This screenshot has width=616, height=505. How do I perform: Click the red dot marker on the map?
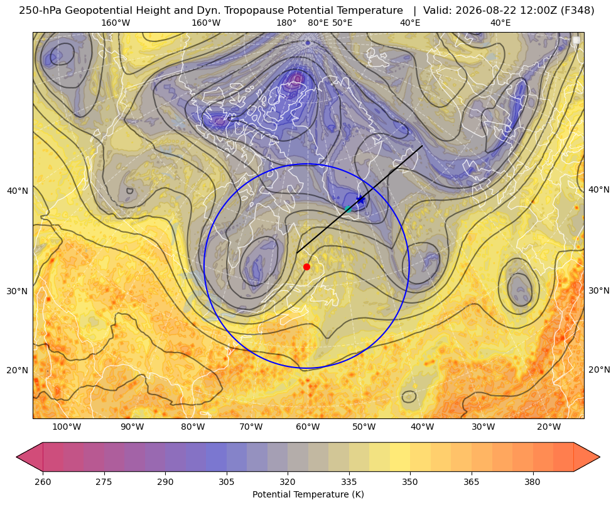307,267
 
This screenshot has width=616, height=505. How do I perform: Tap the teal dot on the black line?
348,209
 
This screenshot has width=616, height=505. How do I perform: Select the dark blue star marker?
360,199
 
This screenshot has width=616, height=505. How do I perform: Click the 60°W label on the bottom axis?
308,427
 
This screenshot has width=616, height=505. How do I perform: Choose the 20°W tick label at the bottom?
549,427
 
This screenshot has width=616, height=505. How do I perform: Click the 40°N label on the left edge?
18,191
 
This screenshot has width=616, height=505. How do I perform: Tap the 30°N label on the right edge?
599,290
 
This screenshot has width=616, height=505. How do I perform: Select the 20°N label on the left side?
18,370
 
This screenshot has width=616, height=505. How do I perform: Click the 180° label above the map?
287,23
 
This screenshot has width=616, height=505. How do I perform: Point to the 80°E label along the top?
318,23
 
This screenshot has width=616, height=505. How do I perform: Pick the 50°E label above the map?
343,23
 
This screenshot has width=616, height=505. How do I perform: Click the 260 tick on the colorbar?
43,482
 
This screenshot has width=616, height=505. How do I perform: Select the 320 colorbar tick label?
288,482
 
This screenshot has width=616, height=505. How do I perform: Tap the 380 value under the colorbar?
532,482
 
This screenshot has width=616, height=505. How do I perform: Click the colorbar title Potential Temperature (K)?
308,494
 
